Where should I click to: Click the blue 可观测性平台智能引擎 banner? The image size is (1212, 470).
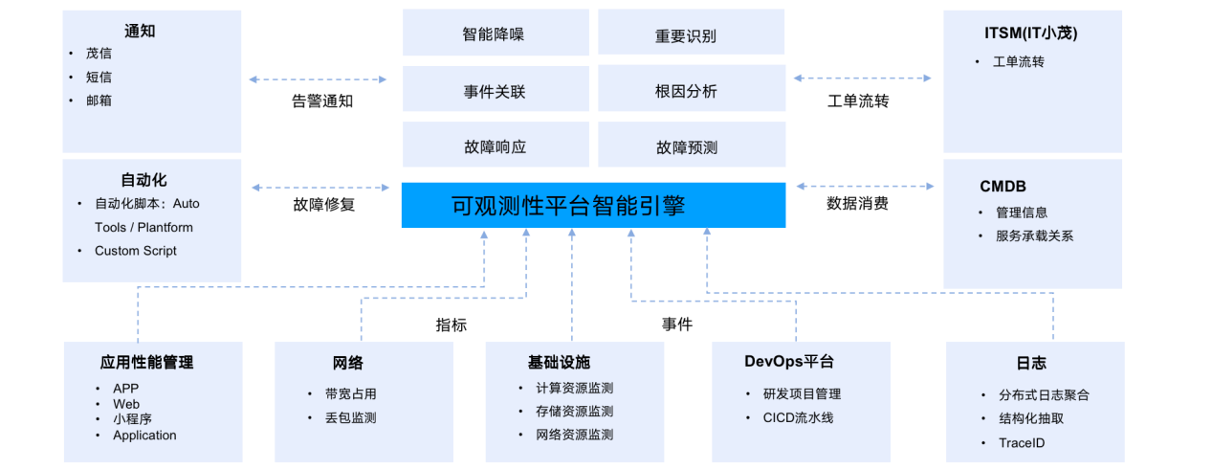point(593,205)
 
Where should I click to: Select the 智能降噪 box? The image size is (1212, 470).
point(494,34)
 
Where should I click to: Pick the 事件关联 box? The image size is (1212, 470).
point(494,92)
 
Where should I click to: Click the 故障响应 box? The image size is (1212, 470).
point(494,147)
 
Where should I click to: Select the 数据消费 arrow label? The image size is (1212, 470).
point(857,204)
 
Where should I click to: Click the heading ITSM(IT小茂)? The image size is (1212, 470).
point(1031,34)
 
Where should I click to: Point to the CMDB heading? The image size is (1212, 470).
point(1003,186)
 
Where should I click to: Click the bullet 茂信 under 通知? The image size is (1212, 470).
point(99,54)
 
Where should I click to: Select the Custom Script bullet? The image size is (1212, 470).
point(135,251)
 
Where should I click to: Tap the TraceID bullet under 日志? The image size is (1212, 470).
point(1022,443)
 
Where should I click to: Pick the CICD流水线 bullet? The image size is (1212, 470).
point(798,417)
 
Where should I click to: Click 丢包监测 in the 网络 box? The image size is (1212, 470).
point(350,417)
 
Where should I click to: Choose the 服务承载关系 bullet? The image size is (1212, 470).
point(1034,235)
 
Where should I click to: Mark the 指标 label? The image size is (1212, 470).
point(452,325)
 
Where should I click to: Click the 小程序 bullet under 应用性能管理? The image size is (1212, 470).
point(132,418)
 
